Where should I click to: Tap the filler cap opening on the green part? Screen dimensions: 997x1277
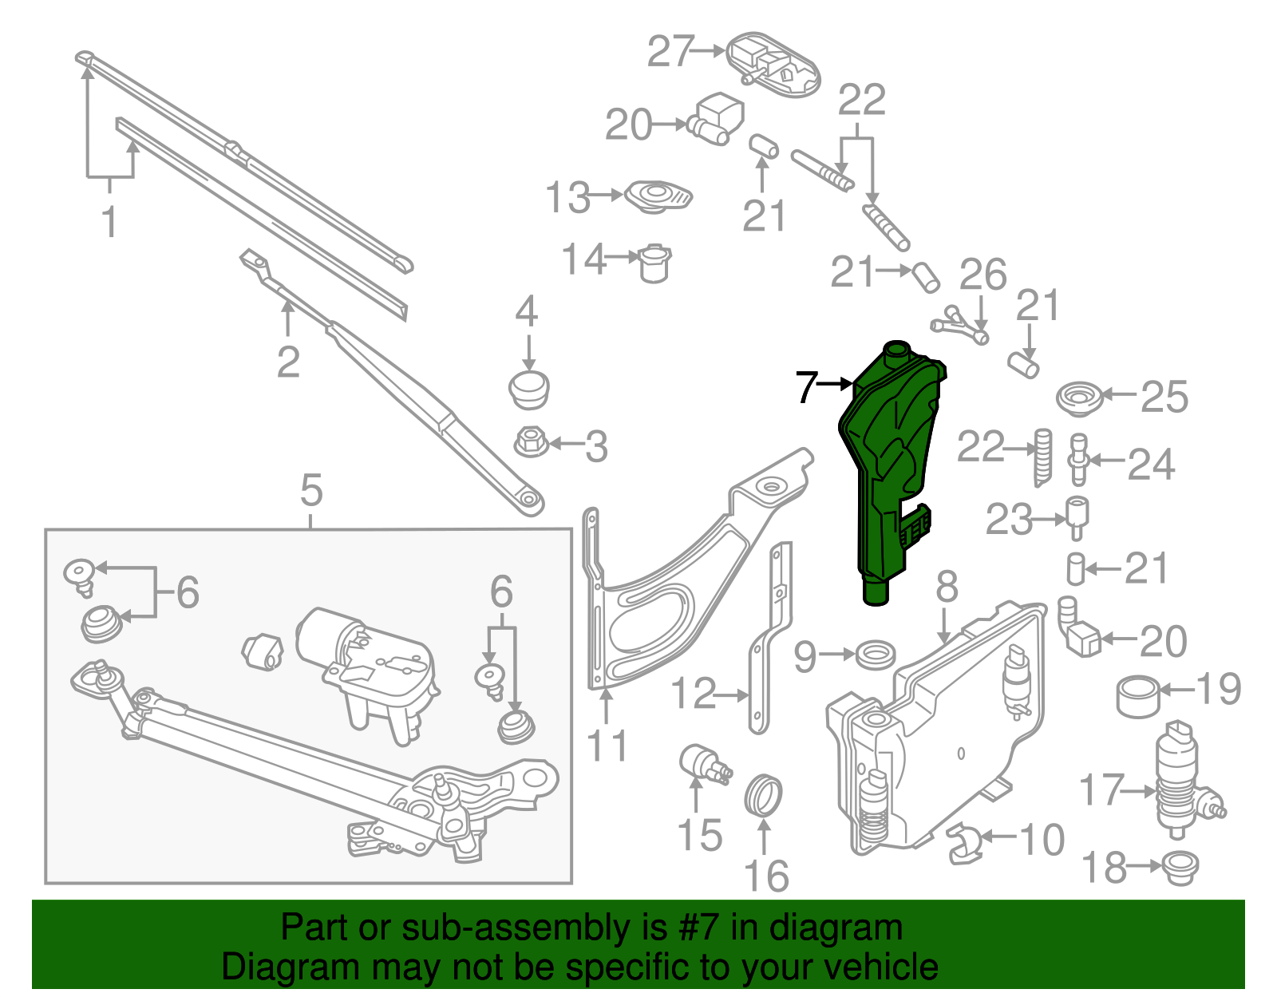[x=897, y=348]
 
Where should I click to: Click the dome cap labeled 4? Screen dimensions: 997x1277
[x=528, y=390]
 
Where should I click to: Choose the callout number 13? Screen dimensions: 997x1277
[x=567, y=197]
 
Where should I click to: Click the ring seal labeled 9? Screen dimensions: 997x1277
[x=874, y=656]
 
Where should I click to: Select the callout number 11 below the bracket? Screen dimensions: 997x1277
[x=607, y=746]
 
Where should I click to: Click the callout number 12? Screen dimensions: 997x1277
[x=693, y=694]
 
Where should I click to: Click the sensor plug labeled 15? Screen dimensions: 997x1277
[x=702, y=763]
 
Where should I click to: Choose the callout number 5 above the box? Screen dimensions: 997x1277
[x=311, y=490]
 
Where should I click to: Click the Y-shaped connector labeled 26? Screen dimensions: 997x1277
[x=960, y=322]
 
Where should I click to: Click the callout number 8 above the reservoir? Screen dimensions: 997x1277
[x=947, y=588]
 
